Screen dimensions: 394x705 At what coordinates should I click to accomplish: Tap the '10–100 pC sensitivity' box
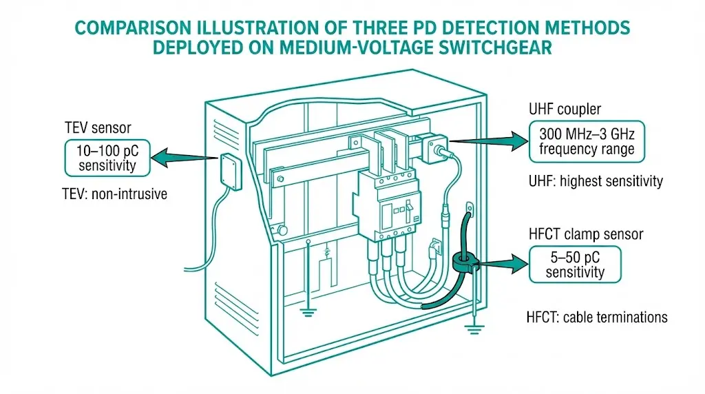108,157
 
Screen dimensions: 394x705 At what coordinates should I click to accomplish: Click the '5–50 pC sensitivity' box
575,264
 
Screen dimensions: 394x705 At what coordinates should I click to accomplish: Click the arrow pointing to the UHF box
485,141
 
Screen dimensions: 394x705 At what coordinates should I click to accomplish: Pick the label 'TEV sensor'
98,128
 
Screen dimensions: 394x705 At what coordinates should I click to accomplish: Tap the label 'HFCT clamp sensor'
585,234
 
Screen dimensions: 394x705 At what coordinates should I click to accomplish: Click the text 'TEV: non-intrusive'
114,194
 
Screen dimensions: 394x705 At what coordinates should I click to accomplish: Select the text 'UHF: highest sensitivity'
596,181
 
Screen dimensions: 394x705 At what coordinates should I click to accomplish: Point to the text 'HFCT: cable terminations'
597,318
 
